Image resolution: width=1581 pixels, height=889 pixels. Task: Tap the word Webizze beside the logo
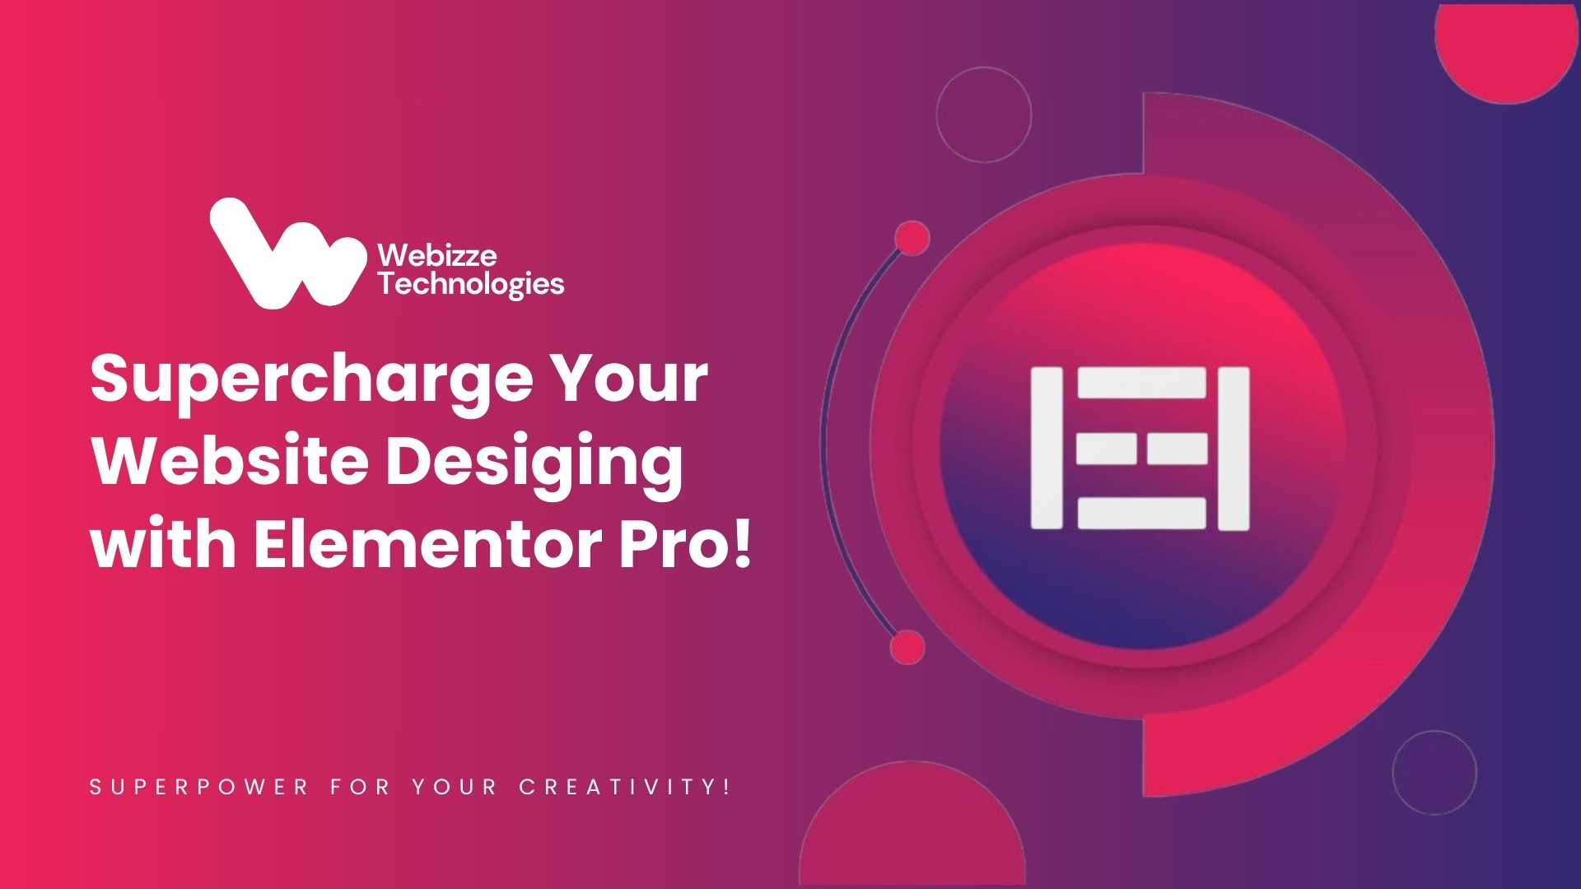(437, 255)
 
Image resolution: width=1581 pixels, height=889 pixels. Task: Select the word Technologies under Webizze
(471, 285)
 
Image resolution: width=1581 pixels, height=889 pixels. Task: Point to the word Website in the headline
(231, 462)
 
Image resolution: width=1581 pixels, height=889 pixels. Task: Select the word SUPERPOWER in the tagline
(198, 787)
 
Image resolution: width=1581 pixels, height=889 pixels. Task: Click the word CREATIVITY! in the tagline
(625, 787)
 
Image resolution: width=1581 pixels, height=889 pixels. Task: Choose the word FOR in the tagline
(360, 787)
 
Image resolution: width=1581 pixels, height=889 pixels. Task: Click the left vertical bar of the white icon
(1047, 448)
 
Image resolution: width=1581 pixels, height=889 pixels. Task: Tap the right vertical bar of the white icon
(1234, 449)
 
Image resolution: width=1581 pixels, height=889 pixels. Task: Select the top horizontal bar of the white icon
(1142, 383)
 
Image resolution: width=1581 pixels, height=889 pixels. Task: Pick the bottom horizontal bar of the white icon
(1142, 514)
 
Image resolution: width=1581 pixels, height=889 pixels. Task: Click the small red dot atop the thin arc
(912, 239)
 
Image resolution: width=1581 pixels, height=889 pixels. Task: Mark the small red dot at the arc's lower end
(907, 647)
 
